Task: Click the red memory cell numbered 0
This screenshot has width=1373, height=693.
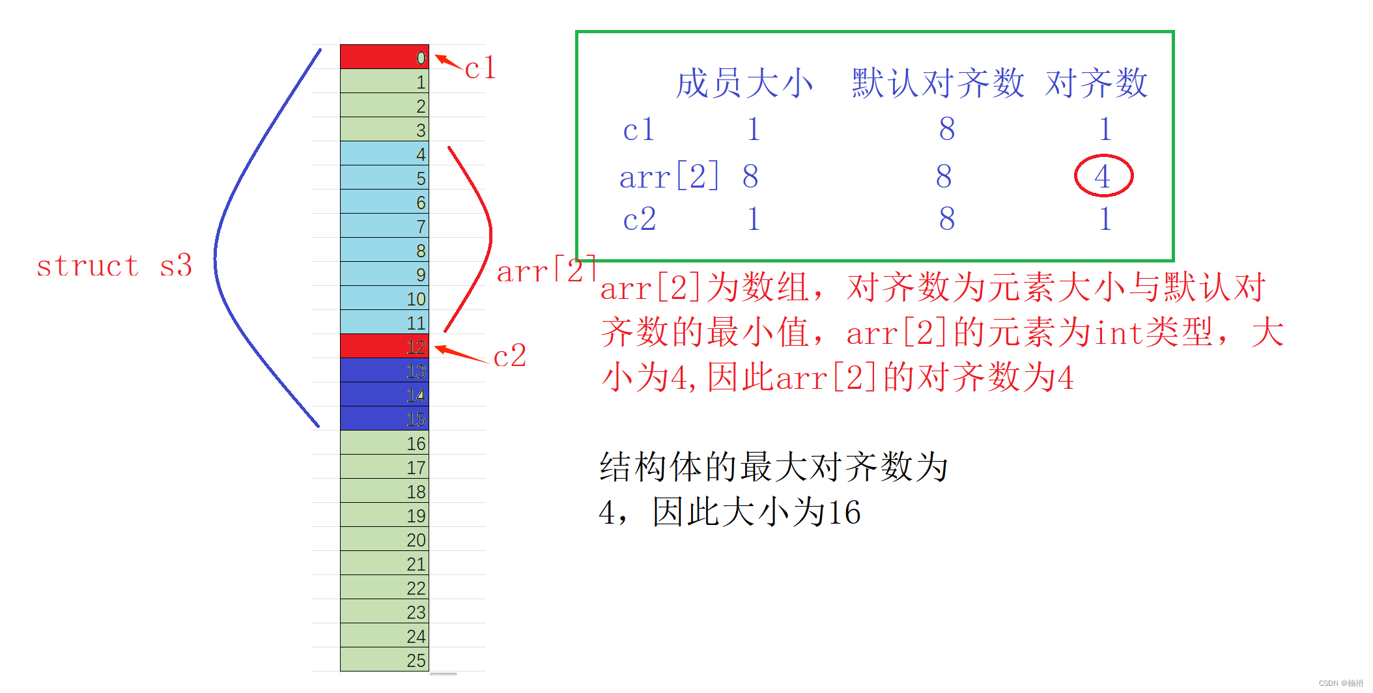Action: tap(384, 57)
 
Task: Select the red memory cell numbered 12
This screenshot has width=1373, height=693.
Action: tap(384, 346)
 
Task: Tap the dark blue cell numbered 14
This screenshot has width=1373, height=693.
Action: tap(384, 395)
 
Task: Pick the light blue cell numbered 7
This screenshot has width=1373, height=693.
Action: tap(384, 226)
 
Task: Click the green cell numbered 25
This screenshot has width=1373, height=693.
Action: tap(384, 660)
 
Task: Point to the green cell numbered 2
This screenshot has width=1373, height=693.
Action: tap(384, 106)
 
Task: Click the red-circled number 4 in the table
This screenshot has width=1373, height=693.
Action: tap(1103, 176)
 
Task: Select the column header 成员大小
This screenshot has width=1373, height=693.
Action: tap(744, 84)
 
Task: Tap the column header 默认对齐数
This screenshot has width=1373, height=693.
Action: tap(937, 84)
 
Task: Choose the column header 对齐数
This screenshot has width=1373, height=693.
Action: tap(1096, 84)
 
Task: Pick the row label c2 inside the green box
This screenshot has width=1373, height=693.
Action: tap(639, 219)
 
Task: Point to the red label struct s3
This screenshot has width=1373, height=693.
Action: tap(114, 266)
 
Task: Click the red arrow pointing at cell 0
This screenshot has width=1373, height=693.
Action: tap(448, 62)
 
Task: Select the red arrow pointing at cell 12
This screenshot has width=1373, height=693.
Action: tap(460, 354)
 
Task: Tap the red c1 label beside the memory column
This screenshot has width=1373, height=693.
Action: tap(481, 68)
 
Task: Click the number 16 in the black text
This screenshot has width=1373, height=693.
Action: tap(843, 513)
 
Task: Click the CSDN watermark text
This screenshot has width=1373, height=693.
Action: tap(1340, 683)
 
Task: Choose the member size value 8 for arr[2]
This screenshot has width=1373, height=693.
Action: tap(750, 177)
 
